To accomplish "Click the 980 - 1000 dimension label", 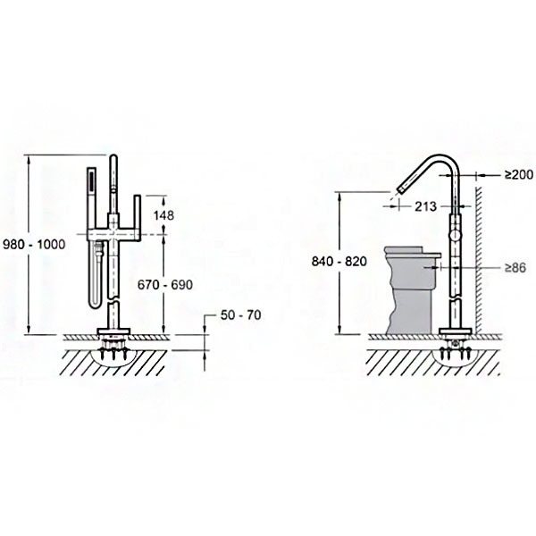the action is (34, 245).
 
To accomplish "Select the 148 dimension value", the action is (163, 215).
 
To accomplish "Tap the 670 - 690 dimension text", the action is (164, 284).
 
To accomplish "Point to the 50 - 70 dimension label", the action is (240, 314).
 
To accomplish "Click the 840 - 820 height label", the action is (339, 261).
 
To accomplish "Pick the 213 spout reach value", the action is (425, 206).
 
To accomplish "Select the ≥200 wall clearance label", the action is (519, 175).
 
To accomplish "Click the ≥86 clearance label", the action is (515, 268).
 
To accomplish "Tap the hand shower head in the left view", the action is (92, 187).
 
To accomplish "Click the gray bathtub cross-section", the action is (412, 289).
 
